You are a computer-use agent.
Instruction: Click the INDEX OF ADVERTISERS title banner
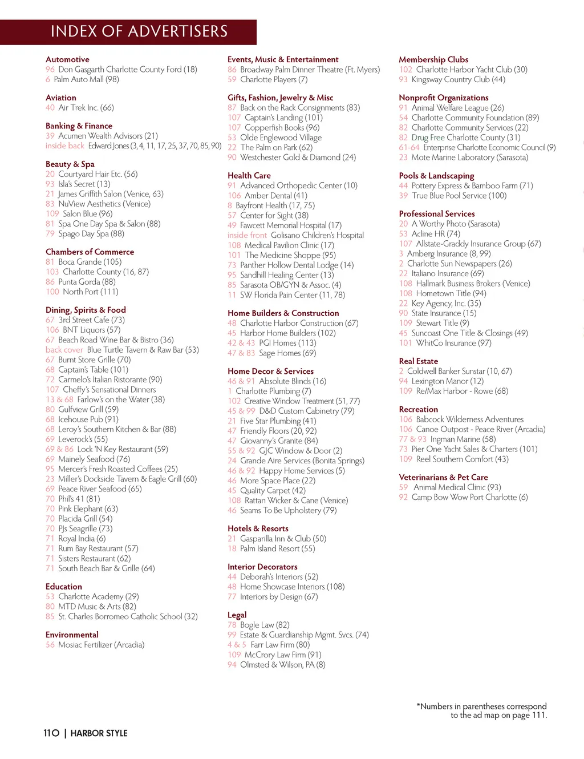[139, 31]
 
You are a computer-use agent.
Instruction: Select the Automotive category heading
[67, 59]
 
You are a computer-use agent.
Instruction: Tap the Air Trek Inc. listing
[86, 107]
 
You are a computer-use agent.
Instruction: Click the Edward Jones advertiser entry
[154, 146]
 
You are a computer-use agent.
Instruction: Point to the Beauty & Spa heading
[70, 164]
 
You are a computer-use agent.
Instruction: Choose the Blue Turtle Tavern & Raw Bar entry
[143, 350]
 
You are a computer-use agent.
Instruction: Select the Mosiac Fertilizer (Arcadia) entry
[101, 645]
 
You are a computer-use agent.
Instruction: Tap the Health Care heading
[249, 175]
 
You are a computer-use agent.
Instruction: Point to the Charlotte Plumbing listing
[273, 391]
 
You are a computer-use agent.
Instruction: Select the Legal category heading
[237, 615]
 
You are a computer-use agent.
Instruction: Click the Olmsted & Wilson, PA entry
[282, 665]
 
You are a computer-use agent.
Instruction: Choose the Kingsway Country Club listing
[458, 79]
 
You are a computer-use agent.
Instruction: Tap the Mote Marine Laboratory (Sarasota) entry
[469, 158]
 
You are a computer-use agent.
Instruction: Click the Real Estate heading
[419, 361]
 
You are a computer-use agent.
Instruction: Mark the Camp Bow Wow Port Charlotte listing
[469, 497]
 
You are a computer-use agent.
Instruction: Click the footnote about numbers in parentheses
[482, 710]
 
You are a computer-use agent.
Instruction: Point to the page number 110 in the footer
[51, 733]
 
